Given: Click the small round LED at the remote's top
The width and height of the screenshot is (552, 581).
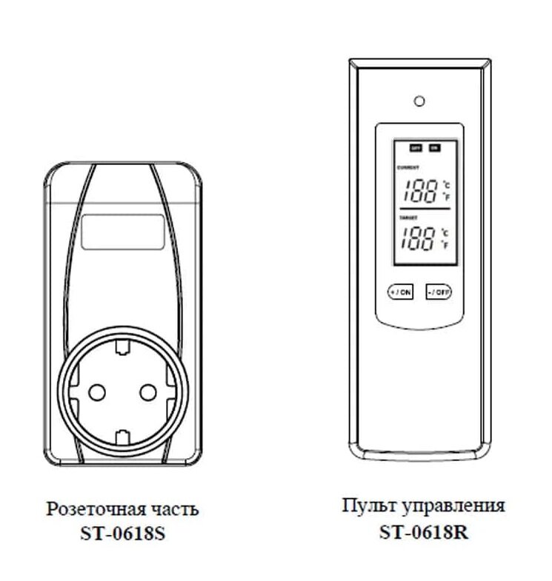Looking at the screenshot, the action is (x=419, y=101).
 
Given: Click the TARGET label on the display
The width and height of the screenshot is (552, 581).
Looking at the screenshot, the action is (x=406, y=218).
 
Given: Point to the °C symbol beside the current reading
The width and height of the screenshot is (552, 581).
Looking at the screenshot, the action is (x=446, y=184).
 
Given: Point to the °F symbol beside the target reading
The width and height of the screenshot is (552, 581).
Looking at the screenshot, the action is (x=446, y=245).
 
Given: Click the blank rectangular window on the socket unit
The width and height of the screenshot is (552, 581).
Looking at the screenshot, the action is (x=122, y=232).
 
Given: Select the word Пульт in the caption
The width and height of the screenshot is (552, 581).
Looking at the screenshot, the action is (x=363, y=507).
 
